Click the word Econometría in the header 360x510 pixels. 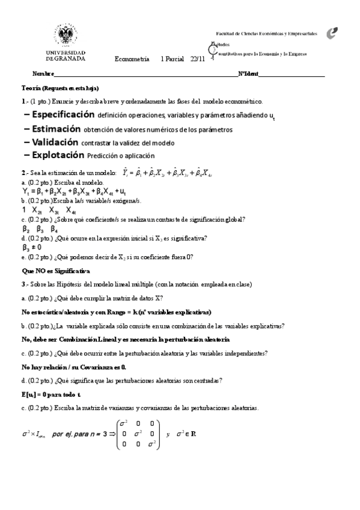(x=132, y=58)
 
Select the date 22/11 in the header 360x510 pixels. (x=197, y=58)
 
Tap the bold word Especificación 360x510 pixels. (x=63, y=114)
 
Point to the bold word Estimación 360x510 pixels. (x=56, y=129)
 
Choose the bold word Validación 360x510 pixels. (x=55, y=143)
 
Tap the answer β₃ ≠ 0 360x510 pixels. (x=32, y=247)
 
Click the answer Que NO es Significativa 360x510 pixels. (x=55, y=271)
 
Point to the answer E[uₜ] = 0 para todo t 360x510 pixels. (x=58, y=394)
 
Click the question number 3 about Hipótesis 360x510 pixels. (x=23, y=284)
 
